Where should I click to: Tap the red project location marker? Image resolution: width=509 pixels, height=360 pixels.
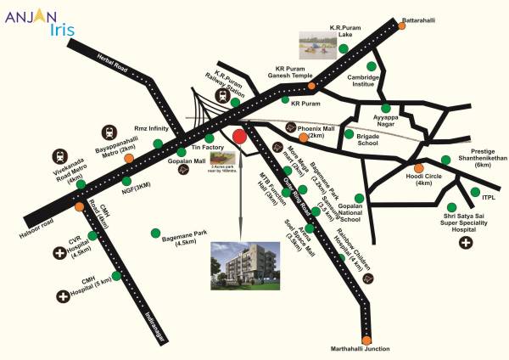tap(240, 135)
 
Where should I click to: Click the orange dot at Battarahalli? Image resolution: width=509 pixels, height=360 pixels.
tap(401, 26)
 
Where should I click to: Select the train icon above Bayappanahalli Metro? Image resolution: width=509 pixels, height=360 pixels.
tap(109, 133)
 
